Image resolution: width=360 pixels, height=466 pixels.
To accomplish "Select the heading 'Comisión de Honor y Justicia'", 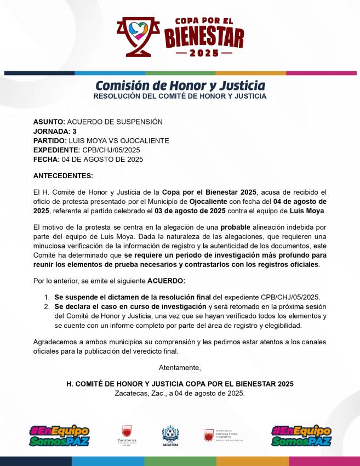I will click(180, 86).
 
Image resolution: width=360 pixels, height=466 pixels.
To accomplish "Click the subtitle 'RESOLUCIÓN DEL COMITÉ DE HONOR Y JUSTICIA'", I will click(180, 96).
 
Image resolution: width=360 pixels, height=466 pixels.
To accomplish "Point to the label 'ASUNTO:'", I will click(49, 121).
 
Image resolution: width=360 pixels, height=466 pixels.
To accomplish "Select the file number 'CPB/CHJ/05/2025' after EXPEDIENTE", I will click(111, 150).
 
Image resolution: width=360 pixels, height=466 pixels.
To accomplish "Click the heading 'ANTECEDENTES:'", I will click(63, 175).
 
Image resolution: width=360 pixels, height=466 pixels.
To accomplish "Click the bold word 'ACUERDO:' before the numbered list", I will click(167, 281).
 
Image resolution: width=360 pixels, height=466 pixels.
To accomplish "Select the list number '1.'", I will click(47, 297).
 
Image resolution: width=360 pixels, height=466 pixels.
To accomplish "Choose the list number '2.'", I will click(47, 306).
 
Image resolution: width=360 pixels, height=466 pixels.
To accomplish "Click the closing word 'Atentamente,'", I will click(180, 367).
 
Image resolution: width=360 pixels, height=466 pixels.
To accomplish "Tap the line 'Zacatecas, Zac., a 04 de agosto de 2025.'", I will click(180, 393).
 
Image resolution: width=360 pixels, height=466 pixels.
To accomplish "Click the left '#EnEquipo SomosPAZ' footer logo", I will click(59, 435).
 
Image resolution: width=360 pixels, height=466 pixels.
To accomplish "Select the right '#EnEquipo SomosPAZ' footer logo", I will click(301, 435).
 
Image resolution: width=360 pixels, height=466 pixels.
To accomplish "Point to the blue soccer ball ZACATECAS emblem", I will click(170, 436).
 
